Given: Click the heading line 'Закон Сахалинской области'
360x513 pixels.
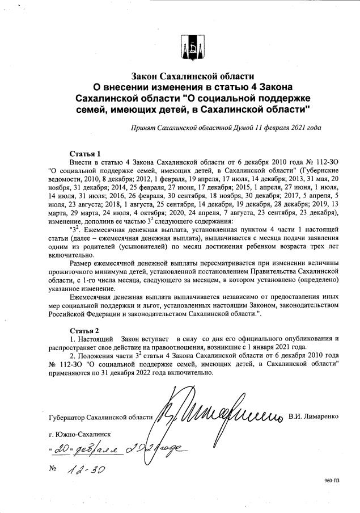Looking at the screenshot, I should coord(192,75).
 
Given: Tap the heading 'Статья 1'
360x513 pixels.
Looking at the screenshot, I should coord(85,153).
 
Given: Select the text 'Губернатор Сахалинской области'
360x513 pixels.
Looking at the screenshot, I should coord(101,418).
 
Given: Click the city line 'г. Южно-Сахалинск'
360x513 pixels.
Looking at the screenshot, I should coord(80,435).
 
